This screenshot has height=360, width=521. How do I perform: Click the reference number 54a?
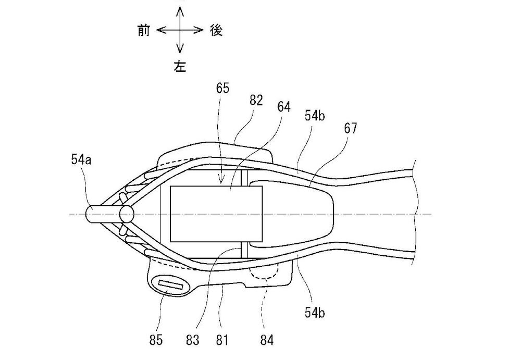pos(81,160)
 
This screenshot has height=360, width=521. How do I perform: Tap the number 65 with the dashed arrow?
pos(222,89)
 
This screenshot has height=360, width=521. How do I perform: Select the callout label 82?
pos(256,101)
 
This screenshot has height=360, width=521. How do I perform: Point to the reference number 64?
pos(284,107)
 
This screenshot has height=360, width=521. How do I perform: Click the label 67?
pos(350,128)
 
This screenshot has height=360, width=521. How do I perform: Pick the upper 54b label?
pos(315,115)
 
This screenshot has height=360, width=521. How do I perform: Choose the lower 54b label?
pos(315,312)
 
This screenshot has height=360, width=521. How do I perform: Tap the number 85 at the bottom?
pos(156,340)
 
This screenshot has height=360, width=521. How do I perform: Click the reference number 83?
pos(192,340)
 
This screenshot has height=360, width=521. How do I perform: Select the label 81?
pos(222,340)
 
